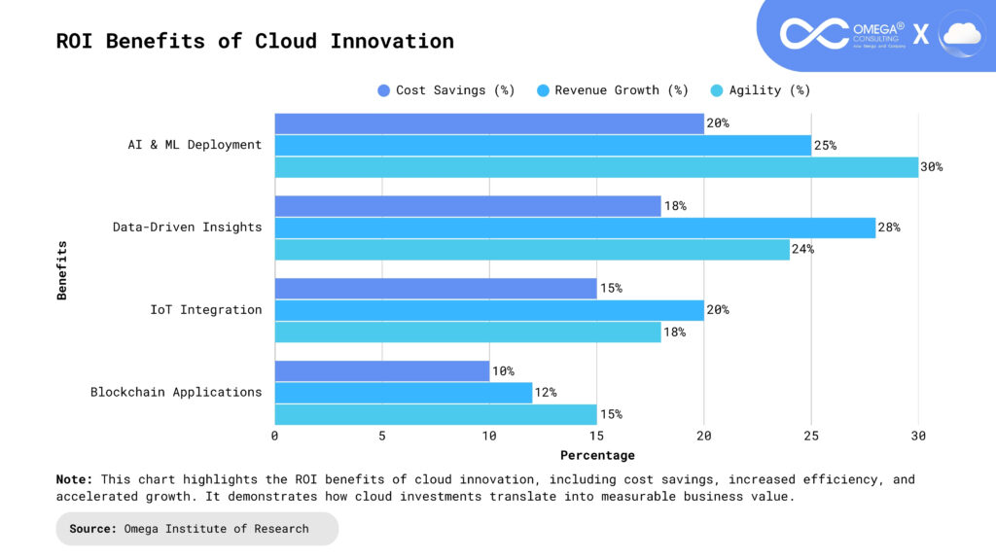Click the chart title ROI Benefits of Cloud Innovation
(x=255, y=42)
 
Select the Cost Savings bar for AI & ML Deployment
(x=489, y=123)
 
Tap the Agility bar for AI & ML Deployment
(x=596, y=167)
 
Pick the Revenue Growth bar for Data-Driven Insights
(x=575, y=227)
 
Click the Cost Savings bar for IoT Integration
(x=436, y=289)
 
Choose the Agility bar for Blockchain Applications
(x=436, y=414)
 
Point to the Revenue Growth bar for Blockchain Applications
(x=404, y=393)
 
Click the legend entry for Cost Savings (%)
(x=445, y=90)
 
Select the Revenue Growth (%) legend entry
(x=612, y=90)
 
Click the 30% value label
(x=931, y=167)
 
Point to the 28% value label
(x=889, y=227)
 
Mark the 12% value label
(x=546, y=393)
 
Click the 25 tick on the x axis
(x=811, y=437)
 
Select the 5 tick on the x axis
(x=382, y=437)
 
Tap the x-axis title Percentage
(x=597, y=455)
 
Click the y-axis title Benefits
(x=62, y=269)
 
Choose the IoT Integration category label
(x=205, y=310)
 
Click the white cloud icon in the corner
(x=961, y=35)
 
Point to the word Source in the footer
(x=93, y=529)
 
